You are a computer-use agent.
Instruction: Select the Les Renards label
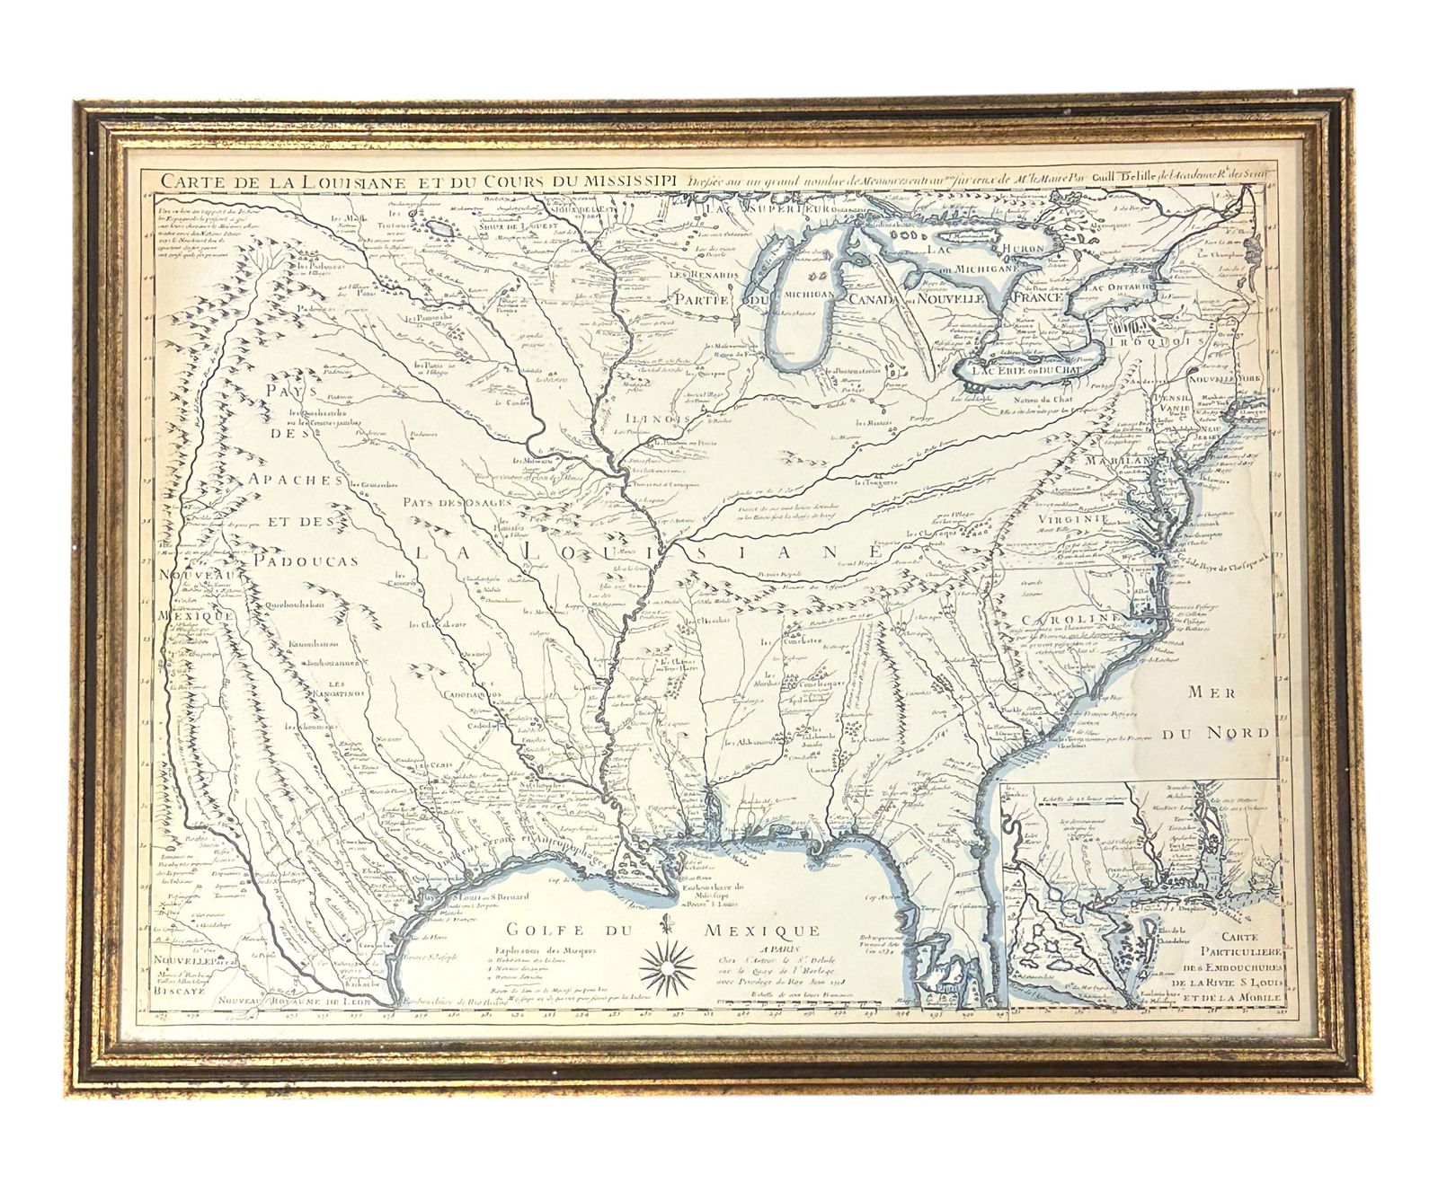[x=701, y=274]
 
